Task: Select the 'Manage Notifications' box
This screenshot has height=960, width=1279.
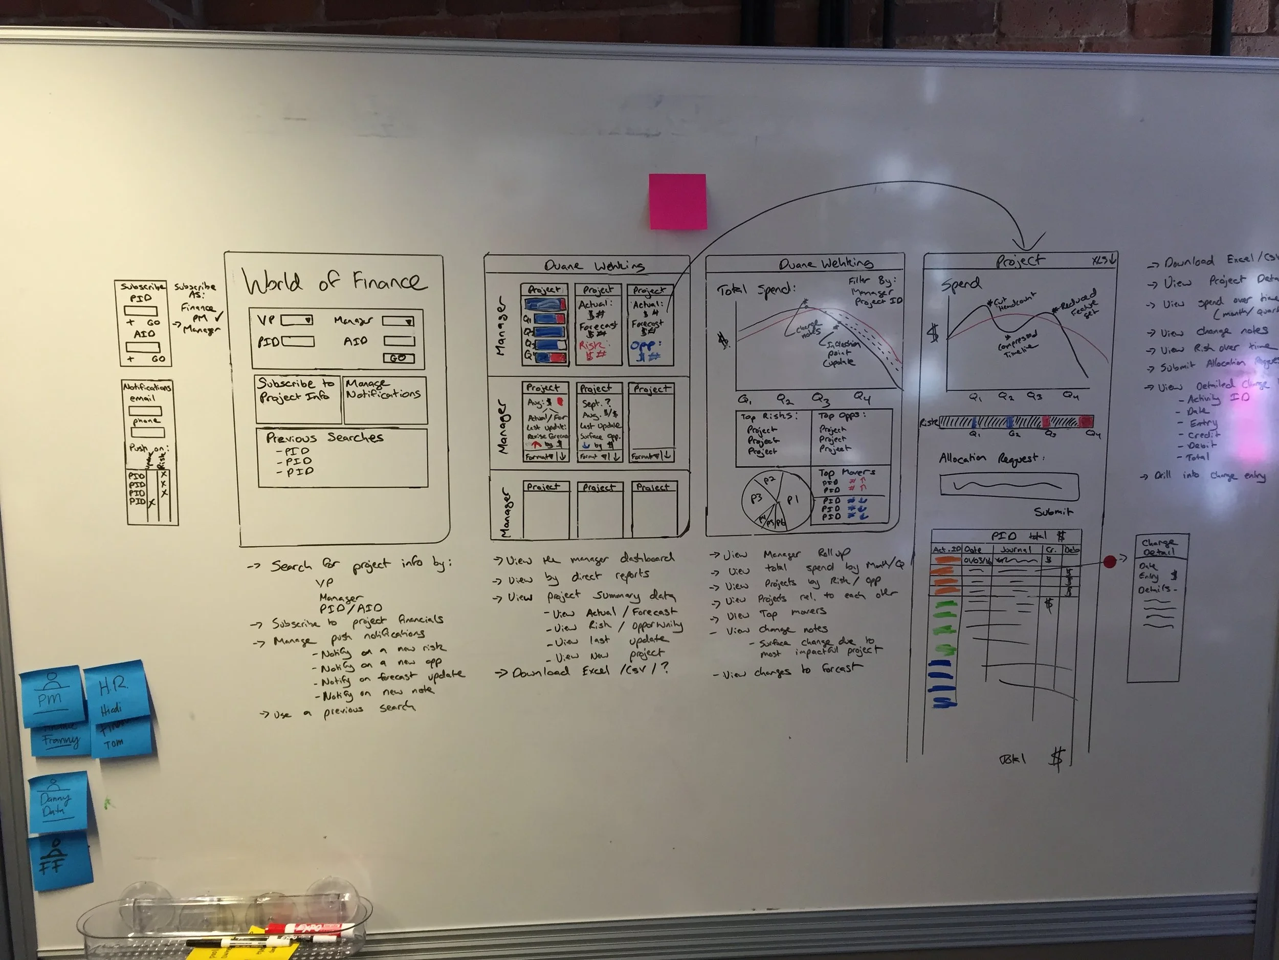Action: point(385,400)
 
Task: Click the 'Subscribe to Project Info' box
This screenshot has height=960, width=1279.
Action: point(298,399)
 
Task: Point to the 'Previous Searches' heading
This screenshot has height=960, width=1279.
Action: point(324,437)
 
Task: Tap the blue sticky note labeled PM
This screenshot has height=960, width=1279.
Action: point(52,698)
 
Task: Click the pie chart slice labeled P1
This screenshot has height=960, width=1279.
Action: point(792,499)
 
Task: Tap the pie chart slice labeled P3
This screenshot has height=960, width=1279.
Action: point(756,498)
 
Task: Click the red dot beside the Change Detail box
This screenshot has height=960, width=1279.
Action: point(1110,561)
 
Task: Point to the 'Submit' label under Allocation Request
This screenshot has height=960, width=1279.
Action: point(1053,511)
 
